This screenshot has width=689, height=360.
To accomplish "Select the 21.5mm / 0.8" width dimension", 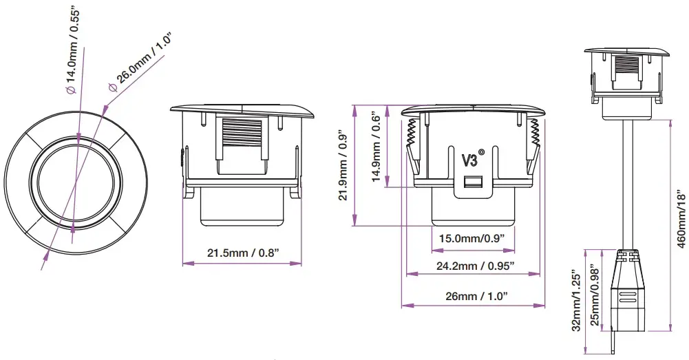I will (244, 253).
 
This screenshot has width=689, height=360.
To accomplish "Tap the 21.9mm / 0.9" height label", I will (343, 166).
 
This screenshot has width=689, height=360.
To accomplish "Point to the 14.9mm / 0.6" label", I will (377, 147).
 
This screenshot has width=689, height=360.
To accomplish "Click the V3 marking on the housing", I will (470, 160).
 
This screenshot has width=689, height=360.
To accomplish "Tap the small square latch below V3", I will (471, 182).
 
